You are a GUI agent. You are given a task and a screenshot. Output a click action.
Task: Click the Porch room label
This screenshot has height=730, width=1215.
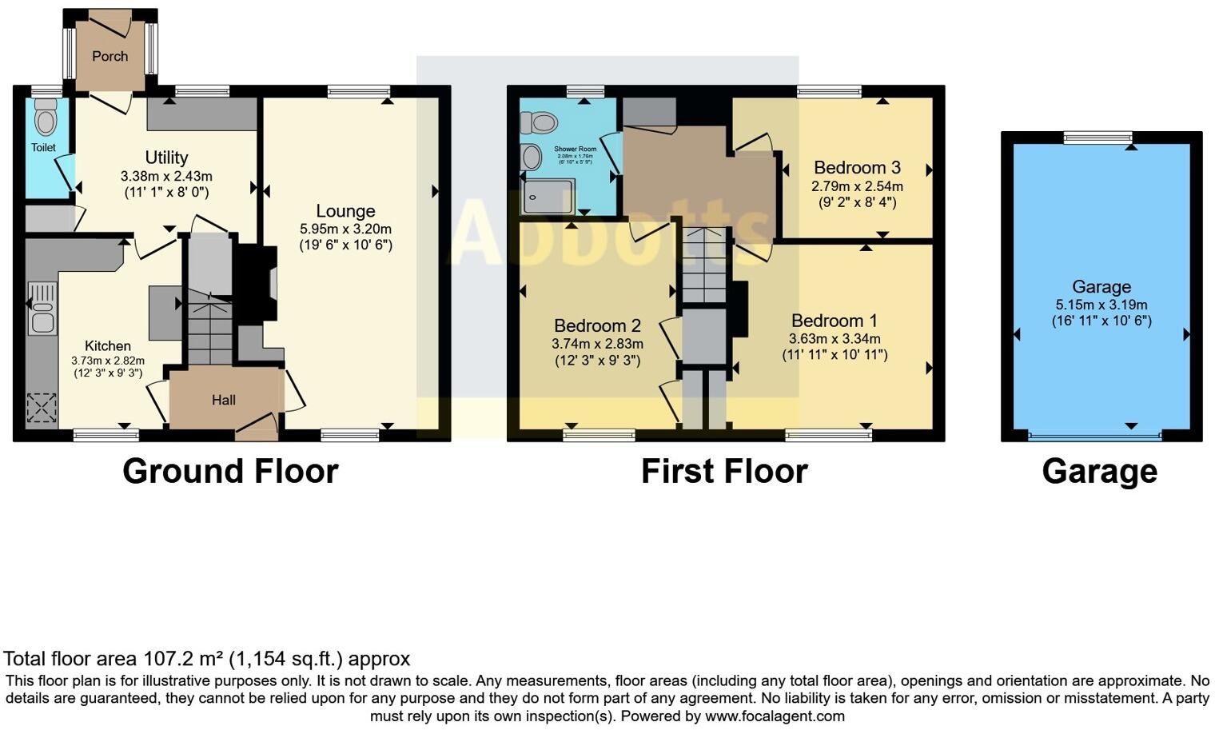110,56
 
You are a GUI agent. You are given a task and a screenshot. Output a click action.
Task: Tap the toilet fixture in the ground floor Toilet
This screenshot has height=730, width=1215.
46,118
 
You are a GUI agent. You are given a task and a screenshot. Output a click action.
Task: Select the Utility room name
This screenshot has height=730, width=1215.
166,158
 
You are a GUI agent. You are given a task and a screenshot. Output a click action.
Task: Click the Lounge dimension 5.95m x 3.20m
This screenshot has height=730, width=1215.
345,229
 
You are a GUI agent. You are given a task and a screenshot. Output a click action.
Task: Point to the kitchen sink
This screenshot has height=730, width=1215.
41,309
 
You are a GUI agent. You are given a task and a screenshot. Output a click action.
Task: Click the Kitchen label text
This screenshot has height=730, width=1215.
108,345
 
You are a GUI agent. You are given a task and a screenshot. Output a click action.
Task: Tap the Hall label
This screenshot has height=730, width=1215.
224,400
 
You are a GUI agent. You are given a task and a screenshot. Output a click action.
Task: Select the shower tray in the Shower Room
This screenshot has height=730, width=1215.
548,197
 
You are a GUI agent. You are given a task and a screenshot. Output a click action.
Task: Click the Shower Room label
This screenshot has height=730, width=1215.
576,149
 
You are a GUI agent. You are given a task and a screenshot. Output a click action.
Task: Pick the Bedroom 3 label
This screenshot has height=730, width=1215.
857,167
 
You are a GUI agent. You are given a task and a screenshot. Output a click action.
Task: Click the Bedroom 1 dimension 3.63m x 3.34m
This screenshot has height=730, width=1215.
835,339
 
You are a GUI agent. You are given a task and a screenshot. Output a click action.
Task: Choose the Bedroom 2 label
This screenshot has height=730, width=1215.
597,325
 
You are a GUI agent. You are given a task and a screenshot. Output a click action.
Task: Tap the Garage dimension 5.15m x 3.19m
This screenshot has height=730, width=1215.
1101,305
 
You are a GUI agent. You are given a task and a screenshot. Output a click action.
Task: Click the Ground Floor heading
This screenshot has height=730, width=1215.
230,471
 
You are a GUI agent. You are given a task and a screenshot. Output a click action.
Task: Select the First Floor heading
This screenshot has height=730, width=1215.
724,471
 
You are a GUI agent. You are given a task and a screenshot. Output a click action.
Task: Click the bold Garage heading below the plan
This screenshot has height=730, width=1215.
1099,471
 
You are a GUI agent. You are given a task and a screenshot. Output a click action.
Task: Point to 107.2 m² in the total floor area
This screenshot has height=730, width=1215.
183,659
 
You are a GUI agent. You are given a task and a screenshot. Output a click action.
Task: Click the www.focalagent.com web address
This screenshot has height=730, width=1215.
775,716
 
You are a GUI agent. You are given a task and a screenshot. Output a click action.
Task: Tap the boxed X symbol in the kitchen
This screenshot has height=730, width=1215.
40,408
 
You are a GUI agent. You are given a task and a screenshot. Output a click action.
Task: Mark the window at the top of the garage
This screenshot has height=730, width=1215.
1097,138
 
